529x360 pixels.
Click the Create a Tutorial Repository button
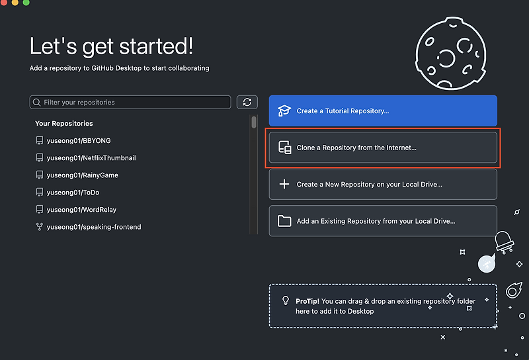point(383,111)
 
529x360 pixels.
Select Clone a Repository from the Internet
point(383,148)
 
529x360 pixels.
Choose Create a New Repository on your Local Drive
point(383,185)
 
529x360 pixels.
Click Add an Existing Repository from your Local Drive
point(383,221)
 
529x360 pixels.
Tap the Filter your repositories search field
point(130,103)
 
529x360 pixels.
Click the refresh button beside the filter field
point(247,103)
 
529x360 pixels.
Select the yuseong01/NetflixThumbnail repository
point(86,157)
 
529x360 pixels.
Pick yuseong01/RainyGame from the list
point(77,175)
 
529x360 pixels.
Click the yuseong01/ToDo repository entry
point(67,192)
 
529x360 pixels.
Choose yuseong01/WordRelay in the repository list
point(76,209)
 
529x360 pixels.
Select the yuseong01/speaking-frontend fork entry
point(89,226)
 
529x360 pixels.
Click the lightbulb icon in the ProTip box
point(286,300)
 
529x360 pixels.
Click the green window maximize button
point(26,3)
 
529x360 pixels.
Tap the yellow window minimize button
point(15,3)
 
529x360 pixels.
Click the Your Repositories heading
point(63,123)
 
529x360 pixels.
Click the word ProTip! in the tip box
point(307,301)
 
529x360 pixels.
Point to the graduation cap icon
point(284,111)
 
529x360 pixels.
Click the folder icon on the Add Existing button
point(284,221)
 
